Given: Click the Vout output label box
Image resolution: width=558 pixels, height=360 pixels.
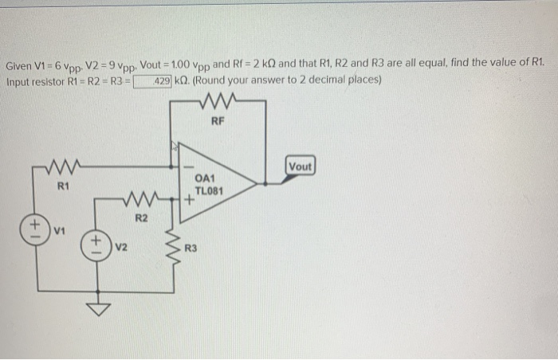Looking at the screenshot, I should (302, 166).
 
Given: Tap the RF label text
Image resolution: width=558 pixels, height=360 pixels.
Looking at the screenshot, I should (218, 121).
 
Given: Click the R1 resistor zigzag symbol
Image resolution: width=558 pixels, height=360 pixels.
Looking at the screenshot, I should (61, 167).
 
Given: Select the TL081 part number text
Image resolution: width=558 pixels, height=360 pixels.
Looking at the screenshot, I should (209, 192).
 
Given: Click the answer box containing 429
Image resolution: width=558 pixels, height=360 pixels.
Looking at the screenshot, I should (153, 80).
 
